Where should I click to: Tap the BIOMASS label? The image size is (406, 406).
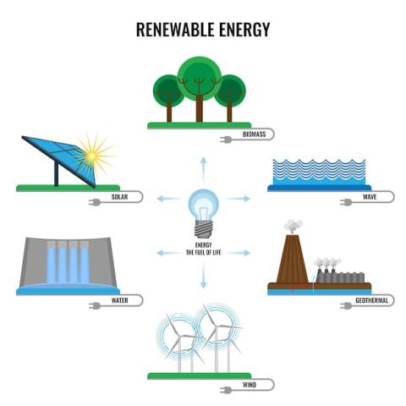point(255,134)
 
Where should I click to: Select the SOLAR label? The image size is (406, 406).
point(119,196)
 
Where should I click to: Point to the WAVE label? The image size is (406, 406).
point(370,196)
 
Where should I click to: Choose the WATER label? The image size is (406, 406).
point(120,300)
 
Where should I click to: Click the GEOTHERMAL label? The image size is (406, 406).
point(371,300)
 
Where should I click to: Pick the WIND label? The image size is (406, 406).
point(250,385)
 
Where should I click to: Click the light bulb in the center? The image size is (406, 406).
point(203,213)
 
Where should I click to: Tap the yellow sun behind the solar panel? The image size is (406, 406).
point(92,156)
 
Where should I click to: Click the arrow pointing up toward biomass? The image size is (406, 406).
point(203,169)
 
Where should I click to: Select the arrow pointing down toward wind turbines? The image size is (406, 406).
point(203,276)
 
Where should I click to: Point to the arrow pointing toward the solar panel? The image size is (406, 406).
point(168,199)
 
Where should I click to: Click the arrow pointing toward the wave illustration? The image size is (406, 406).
point(238,199)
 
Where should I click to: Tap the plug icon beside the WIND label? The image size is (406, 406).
point(226,390)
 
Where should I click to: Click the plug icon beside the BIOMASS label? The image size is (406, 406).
point(226,140)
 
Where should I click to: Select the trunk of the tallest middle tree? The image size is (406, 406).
point(200,108)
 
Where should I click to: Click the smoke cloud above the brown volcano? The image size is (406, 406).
point(294,226)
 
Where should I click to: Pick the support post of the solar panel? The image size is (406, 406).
point(56,174)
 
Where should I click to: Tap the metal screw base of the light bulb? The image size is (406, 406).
point(203,229)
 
